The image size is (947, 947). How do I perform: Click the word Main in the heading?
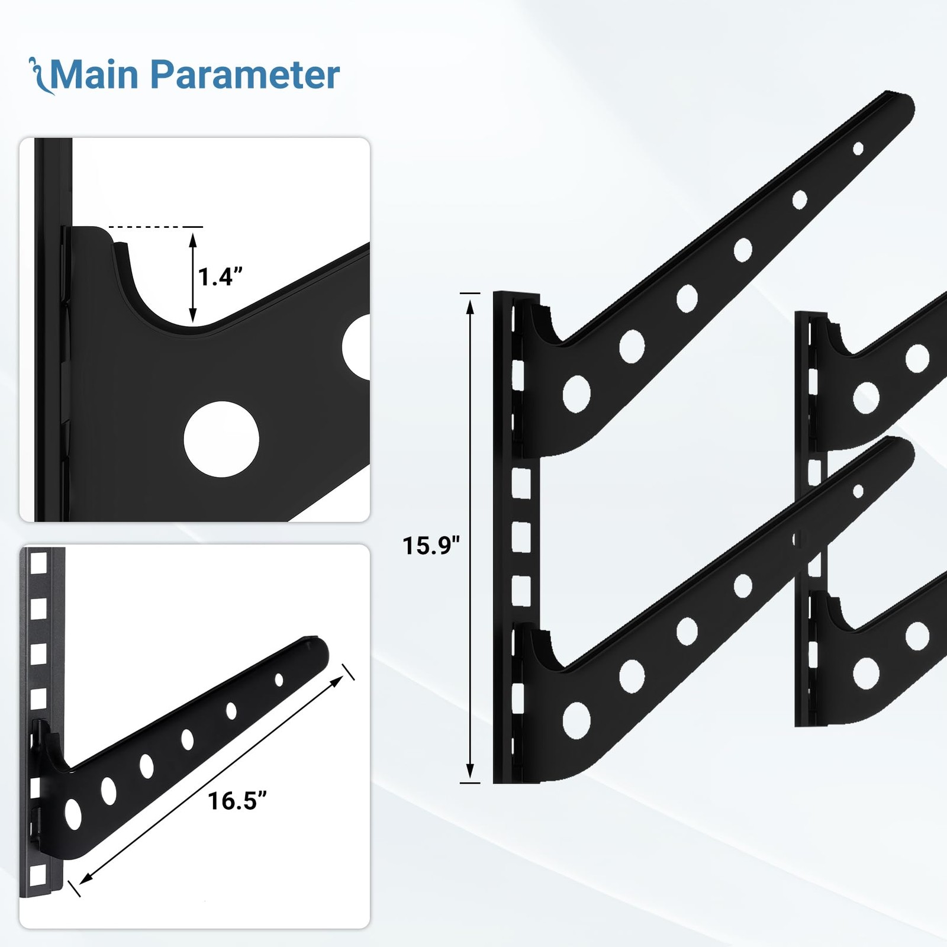[95, 75]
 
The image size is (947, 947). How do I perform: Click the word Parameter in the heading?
[245, 75]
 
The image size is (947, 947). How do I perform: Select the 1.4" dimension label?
[220, 277]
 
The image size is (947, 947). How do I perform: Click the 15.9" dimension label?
[431, 546]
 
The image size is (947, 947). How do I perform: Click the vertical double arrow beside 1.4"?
[192, 278]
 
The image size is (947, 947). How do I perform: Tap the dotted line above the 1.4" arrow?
[156, 227]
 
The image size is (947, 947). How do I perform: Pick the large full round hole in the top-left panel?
[221, 440]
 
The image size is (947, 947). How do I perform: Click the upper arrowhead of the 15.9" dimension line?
[470, 307]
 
